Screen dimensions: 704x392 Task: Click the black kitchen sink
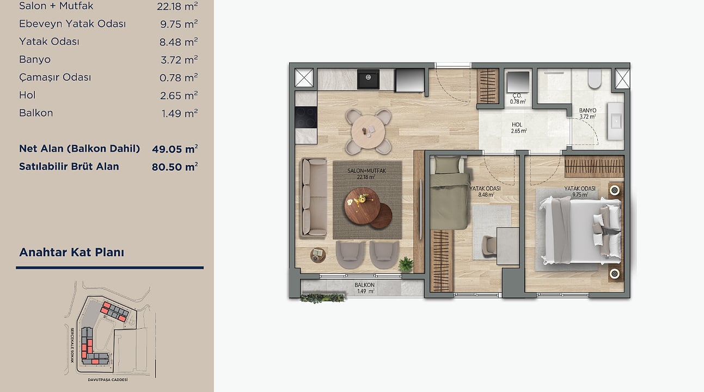click(x=368, y=79)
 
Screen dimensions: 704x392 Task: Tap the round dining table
click(x=369, y=131)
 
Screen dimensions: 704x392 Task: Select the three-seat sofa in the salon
click(x=314, y=197)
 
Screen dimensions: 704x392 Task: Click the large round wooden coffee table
click(x=363, y=206)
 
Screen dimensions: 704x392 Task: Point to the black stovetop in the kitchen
click(x=306, y=117)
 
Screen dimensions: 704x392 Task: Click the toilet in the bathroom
click(x=595, y=79)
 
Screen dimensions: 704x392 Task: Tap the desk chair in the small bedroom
click(x=489, y=245)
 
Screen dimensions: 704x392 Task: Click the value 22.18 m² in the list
click(x=177, y=6)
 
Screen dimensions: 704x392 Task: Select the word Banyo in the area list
click(x=34, y=59)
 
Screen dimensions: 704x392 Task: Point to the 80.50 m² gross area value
click(x=175, y=166)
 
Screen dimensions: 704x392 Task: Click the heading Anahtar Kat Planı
click(x=72, y=252)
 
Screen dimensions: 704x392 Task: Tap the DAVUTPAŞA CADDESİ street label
click(x=107, y=379)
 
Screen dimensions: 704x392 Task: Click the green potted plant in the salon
click(x=406, y=264)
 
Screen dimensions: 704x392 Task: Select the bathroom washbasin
click(x=615, y=121)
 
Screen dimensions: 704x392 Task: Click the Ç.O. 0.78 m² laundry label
click(x=518, y=99)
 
